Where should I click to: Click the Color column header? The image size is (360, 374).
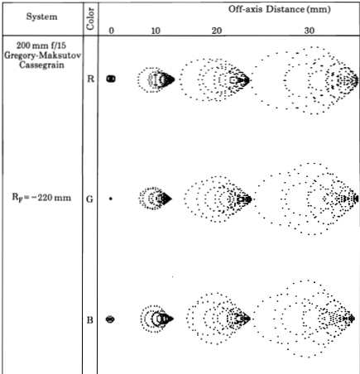(x=90, y=16)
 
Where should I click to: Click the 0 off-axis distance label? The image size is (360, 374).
(x=111, y=30)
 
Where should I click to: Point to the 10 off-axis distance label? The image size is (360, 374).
(x=156, y=30)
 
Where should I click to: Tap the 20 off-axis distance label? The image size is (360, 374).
(x=215, y=30)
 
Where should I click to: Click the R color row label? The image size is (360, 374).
(x=90, y=79)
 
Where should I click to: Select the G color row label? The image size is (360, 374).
(x=90, y=199)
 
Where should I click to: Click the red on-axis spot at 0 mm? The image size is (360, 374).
(x=111, y=79)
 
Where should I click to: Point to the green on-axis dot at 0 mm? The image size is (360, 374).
(x=111, y=199)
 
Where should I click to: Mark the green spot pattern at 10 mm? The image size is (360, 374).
(x=155, y=199)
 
